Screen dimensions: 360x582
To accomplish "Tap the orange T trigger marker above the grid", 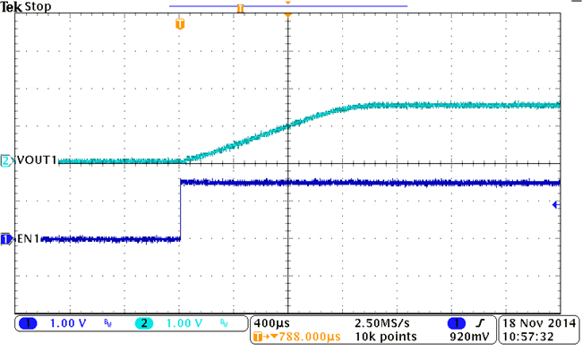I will [x=180, y=24].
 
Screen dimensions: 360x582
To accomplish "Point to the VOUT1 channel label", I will [x=37, y=160].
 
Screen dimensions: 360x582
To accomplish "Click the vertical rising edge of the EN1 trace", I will [x=181, y=211].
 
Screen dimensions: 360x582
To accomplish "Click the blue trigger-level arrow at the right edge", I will [x=556, y=205].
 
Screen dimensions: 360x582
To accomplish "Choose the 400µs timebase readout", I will [x=270, y=322].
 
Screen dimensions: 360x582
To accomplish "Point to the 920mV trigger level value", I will [x=469, y=338].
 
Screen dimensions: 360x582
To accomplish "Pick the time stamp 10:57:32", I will [x=528, y=338].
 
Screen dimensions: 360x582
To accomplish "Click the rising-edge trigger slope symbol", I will [x=482, y=322].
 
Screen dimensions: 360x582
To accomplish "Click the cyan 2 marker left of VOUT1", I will [x=5, y=160].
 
